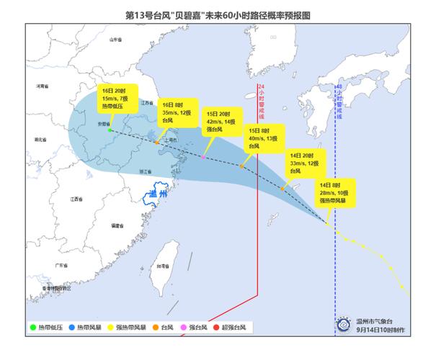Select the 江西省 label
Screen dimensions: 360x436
[x=76, y=199]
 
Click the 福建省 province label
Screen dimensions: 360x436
[x=115, y=226]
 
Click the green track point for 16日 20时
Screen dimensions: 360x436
[x=110, y=130]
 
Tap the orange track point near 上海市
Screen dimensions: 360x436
[x=157, y=144]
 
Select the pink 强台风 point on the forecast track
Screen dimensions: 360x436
[x=204, y=157]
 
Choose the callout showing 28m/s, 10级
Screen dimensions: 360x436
[x=337, y=194]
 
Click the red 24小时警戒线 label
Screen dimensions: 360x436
[x=260, y=105]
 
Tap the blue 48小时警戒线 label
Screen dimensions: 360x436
[x=339, y=102]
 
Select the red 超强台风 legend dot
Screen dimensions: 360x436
[x=216, y=328]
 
